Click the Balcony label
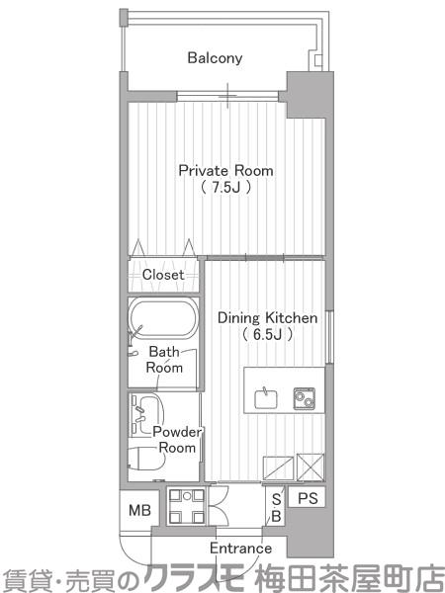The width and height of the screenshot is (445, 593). pyautogui.click(x=215, y=58)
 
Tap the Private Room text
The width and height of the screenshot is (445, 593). pyautogui.click(x=225, y=171)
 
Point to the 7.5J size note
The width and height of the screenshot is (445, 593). pyautogui.click(x=225, y=187)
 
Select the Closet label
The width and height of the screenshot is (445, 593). pyautogui.click(x=163, y=275)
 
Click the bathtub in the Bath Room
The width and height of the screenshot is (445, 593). pyautogui.click(x=163, y=317)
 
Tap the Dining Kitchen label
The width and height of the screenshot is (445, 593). pyautogui.click(x=268, y=318)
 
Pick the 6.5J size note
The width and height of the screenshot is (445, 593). pyautogui.click(x=268, y=334)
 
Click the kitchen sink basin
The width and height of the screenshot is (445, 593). pyautogui.click(x=266, y=398)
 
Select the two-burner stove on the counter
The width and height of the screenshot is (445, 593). pyautogui.click(x=305, y=398)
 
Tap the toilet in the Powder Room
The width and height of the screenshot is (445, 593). pyautogui.click(x=146, y=459)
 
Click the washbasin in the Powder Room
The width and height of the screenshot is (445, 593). pyautogui.click(x=145, y=414)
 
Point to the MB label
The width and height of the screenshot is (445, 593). pyautogui.click(x=139, y=510)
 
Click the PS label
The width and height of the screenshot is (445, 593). pyautogui.click(x=308, y=498)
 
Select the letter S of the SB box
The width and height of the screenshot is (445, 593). pyautogui.click(x=277, y=499)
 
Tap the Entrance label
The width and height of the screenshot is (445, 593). pyautogui.click(x=240, y=548)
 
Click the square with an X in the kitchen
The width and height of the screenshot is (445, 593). pyautogui.click(x=311, y=467)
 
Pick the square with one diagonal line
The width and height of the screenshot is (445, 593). pyautogui.click(x=278, y=468)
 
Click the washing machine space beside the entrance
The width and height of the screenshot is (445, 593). pyautogui.click(x=187, y=506)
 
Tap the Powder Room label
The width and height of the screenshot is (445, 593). pyautogui.click(x=177, y=440)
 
